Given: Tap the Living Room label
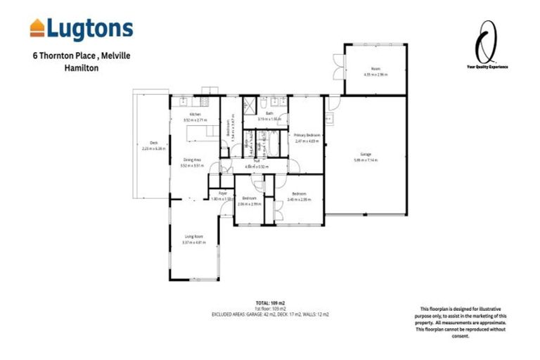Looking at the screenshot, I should [194, 237].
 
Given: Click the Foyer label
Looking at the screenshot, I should [222, 193].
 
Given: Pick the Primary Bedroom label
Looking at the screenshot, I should [307, 135].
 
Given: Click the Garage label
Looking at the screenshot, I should [366, 154].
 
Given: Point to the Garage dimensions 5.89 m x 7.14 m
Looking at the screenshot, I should [366, 160].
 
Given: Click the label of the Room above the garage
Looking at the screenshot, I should [375, 68].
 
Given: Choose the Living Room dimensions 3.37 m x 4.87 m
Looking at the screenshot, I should [194, 243].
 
